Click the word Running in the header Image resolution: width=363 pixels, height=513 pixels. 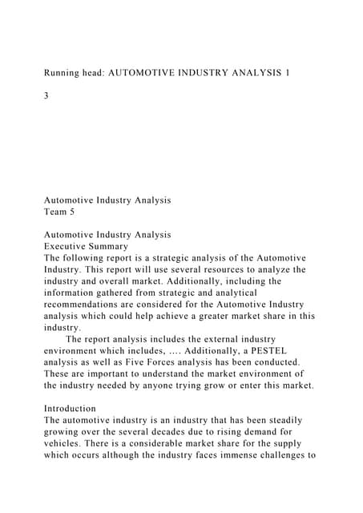64,73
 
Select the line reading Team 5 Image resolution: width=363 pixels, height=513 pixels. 64,212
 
